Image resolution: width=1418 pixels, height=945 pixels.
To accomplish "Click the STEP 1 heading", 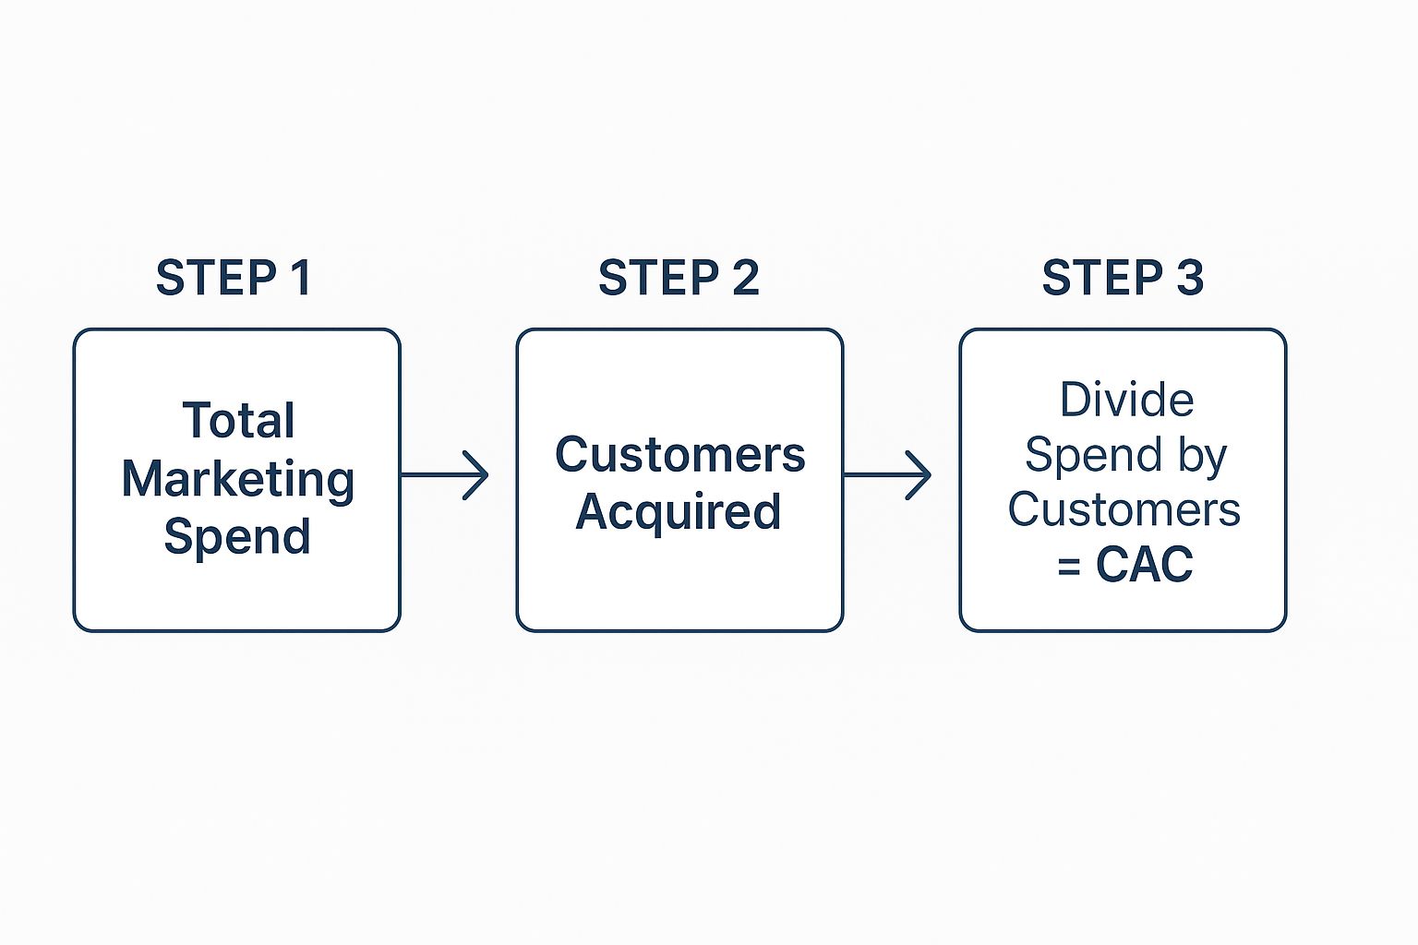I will point(234,278).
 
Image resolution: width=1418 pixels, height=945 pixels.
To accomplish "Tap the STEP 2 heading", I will point(679,278).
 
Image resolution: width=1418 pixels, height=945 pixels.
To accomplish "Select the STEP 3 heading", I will point(1123,278).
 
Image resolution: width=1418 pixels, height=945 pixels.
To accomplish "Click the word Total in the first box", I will point(238,421).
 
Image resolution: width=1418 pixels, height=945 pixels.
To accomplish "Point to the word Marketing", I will point(238,480).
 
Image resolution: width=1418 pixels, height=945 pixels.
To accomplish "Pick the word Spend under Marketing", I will point(237,536).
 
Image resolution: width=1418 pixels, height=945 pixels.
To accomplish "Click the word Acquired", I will point(679,511).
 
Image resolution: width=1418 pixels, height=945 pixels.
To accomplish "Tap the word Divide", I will point(1126,401).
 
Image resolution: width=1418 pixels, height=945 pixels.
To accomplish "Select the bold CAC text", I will point(1145,564).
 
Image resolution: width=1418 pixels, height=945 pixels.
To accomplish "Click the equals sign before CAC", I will point(1069,566).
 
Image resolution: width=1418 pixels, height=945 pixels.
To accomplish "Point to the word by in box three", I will point(1201,456).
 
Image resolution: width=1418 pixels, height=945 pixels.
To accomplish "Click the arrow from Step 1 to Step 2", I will point(444,475).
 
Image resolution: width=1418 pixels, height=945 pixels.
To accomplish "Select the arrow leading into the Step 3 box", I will point(887,475).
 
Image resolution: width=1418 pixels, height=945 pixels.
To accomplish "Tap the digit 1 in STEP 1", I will point(300,278).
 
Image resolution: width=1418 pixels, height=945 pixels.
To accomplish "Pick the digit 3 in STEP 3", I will point(1190,278).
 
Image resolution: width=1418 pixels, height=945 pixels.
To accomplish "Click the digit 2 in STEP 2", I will point(745,278).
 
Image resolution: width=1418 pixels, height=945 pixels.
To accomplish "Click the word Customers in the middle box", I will point(679,455).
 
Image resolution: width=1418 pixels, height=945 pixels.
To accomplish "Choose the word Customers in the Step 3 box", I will point(1124,509).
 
